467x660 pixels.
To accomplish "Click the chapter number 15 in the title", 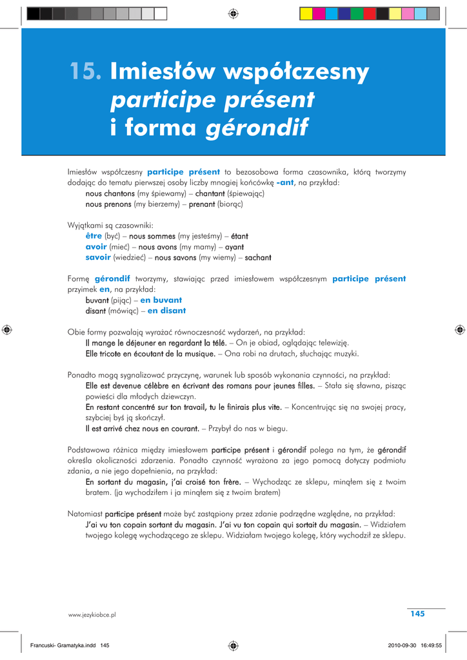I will point(87,72).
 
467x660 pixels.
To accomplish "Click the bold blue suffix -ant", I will point(284,183).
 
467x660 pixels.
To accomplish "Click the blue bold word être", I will point(94,236).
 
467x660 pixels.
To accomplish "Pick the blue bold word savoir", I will point(98,258).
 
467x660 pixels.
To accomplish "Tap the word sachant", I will point(258,258).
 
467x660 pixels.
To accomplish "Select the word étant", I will point(239,236).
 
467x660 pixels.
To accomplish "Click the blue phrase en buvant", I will point(161,300).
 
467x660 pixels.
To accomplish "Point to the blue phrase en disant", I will point(166,311).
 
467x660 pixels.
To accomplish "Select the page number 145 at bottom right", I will point(417,614).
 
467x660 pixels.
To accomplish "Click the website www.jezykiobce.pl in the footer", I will point(92,616).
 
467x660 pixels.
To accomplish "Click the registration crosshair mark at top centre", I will point(234,13).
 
